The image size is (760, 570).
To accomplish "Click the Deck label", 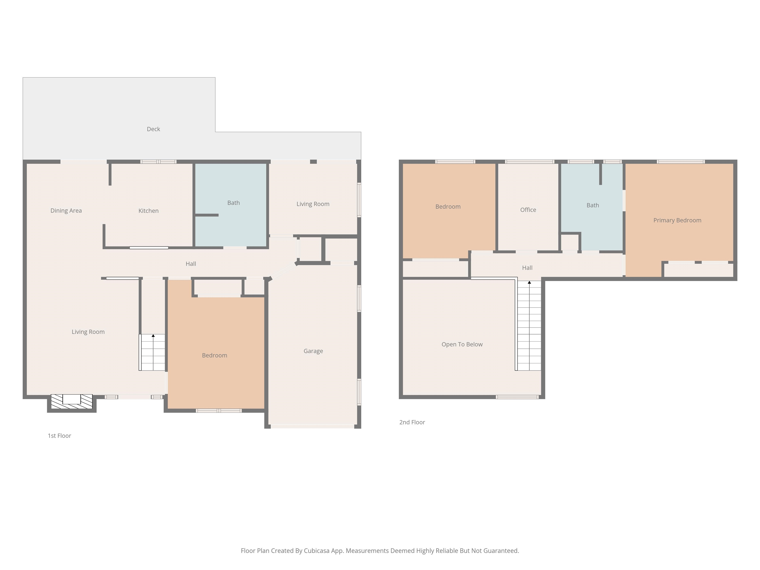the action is coord(153,129).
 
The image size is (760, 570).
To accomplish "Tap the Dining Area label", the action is coord(66,211).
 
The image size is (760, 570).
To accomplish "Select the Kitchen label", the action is coord(148,211).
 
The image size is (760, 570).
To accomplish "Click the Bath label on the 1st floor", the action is coord(234,203).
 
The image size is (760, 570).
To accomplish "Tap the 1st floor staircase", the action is coord(152,352).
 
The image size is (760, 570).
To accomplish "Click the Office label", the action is coord(528,210).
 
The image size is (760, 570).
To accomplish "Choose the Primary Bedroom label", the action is coord(677,220).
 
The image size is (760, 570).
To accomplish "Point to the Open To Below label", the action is coord(462,344).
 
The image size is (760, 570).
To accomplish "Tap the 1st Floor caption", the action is coord(59,436).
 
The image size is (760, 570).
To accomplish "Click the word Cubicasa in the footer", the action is coord(316,551).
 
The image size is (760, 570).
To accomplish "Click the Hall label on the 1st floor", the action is coord(191,263).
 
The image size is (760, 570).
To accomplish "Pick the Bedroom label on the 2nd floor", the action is coord(448,207).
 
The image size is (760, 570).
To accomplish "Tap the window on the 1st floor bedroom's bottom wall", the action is coord(218,411).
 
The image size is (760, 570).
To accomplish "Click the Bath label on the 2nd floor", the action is coord(593,205).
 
